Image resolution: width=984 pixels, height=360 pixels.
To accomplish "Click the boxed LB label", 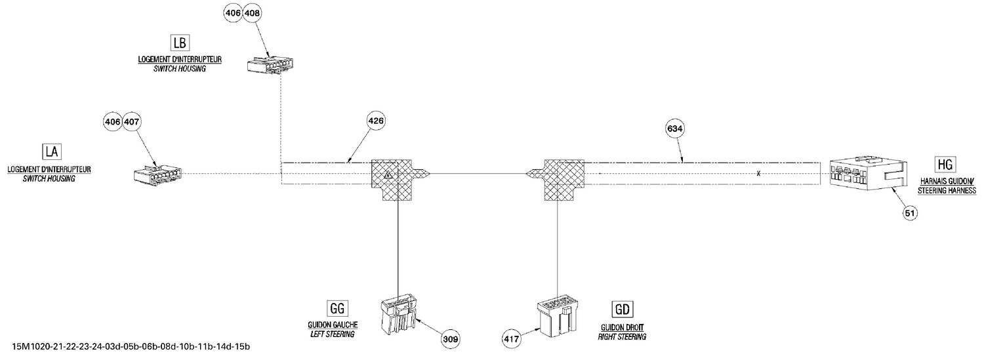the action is tap(180, 43).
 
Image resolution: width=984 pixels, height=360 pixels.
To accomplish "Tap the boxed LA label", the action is tap(52, 152).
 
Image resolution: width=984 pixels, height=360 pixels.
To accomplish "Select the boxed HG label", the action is tap(945, 164).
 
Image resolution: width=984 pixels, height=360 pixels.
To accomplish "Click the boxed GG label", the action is tap(337, 309).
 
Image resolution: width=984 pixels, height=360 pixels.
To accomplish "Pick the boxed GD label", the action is tap(623, 310).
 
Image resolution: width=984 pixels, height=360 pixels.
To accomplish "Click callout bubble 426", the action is tap(376, 121).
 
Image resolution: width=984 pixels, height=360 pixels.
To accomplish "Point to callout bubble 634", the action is tap(675, 129).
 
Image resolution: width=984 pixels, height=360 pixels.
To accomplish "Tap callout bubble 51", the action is tap(911, 213).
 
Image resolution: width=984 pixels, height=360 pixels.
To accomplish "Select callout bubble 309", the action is tap(451, 339).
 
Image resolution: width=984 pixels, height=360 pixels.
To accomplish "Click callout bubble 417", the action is tap(511, 339).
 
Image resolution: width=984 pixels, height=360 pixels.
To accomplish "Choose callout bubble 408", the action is tap(252, 13).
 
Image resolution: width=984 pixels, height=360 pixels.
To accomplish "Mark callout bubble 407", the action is tap(131, 121).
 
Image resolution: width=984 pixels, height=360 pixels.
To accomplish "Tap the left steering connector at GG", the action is tap(399, 315).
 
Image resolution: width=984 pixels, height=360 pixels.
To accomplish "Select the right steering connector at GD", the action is tap(558, 318).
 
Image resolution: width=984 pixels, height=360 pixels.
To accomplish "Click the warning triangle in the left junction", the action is tap(388, 175).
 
